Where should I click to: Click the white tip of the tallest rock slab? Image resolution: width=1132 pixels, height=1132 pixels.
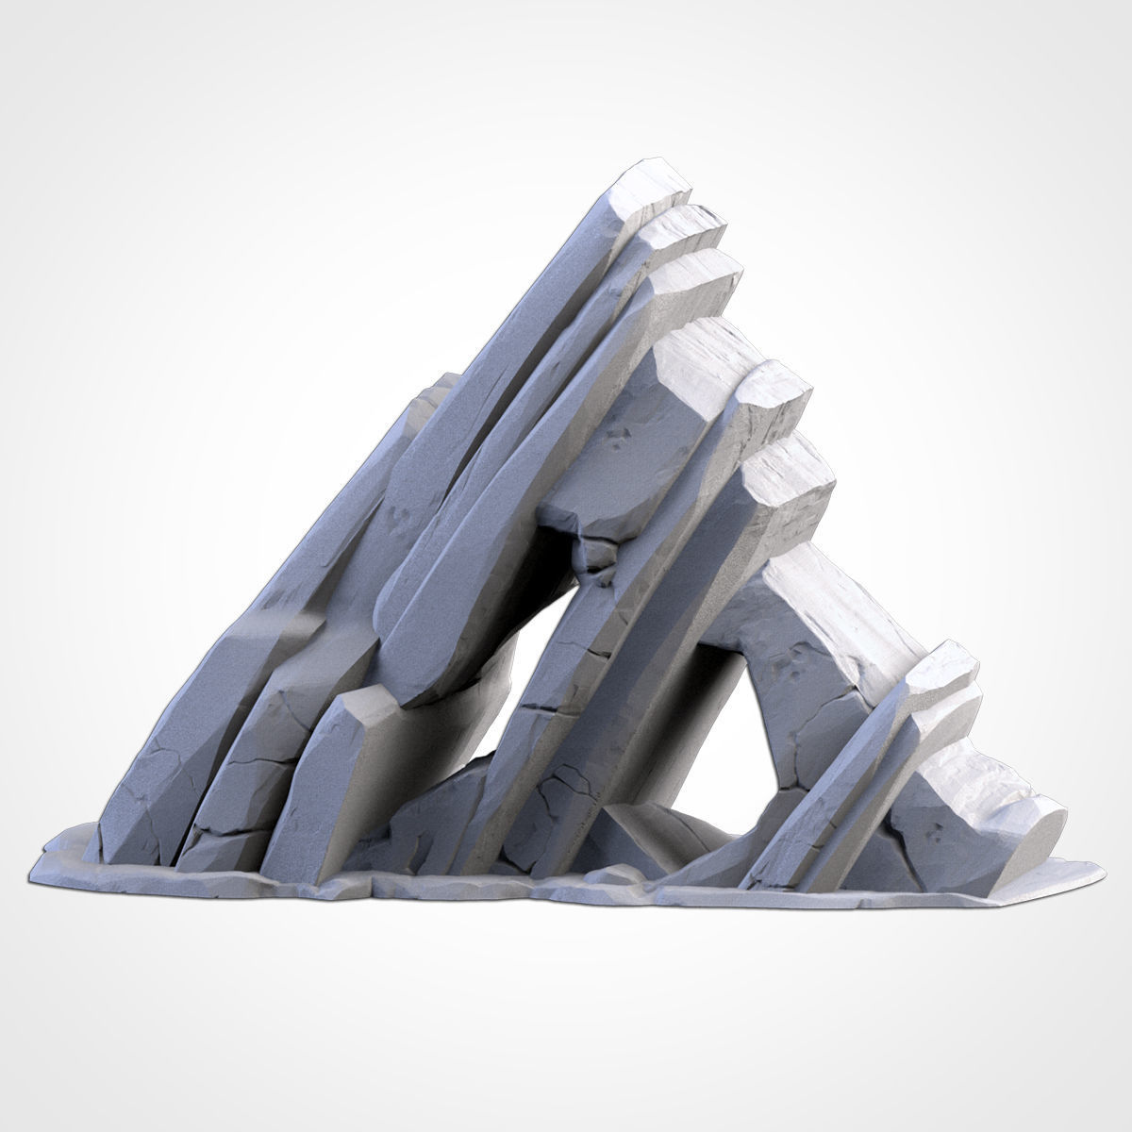tap(651, 189)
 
